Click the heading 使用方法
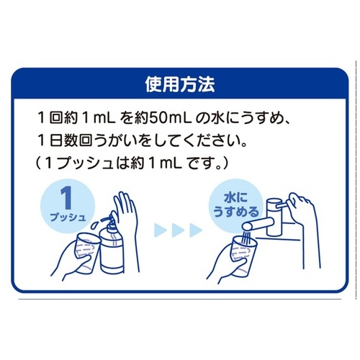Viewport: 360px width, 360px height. (x=180, y=85)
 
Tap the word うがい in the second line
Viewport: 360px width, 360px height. (x=118, y=140)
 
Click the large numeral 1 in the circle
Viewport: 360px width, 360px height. (x=66, y=199)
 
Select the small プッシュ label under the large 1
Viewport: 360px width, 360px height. (x=68, y=217)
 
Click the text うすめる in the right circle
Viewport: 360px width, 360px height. (x=236, y=212)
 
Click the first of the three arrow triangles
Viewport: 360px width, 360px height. (x=161, y=230)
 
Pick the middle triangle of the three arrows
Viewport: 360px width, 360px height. (x=178, y=230)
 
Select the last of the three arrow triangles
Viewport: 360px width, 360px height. (x=196, y=230)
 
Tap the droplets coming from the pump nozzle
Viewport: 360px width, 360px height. (x=96, y=225)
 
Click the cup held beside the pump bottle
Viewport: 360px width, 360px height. (x=86, y=252)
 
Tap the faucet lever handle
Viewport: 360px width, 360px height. (x=283, y=206)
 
